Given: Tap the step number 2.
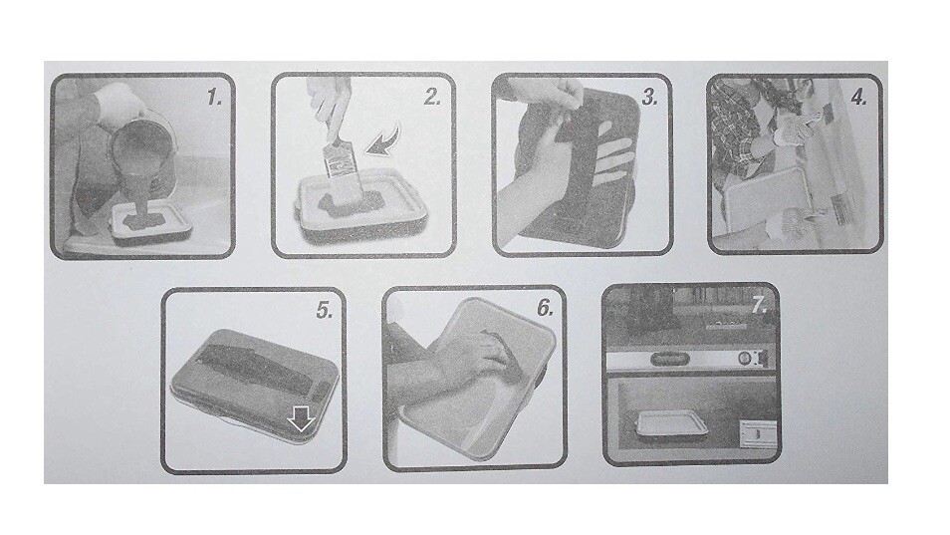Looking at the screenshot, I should pos(431,97).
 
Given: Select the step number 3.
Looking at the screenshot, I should pos(649,98).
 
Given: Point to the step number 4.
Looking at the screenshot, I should pos(858,98).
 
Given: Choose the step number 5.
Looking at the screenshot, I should pos(324,310).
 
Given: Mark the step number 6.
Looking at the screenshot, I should pos(544,307).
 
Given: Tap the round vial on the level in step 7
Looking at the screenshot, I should pos(742,360).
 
